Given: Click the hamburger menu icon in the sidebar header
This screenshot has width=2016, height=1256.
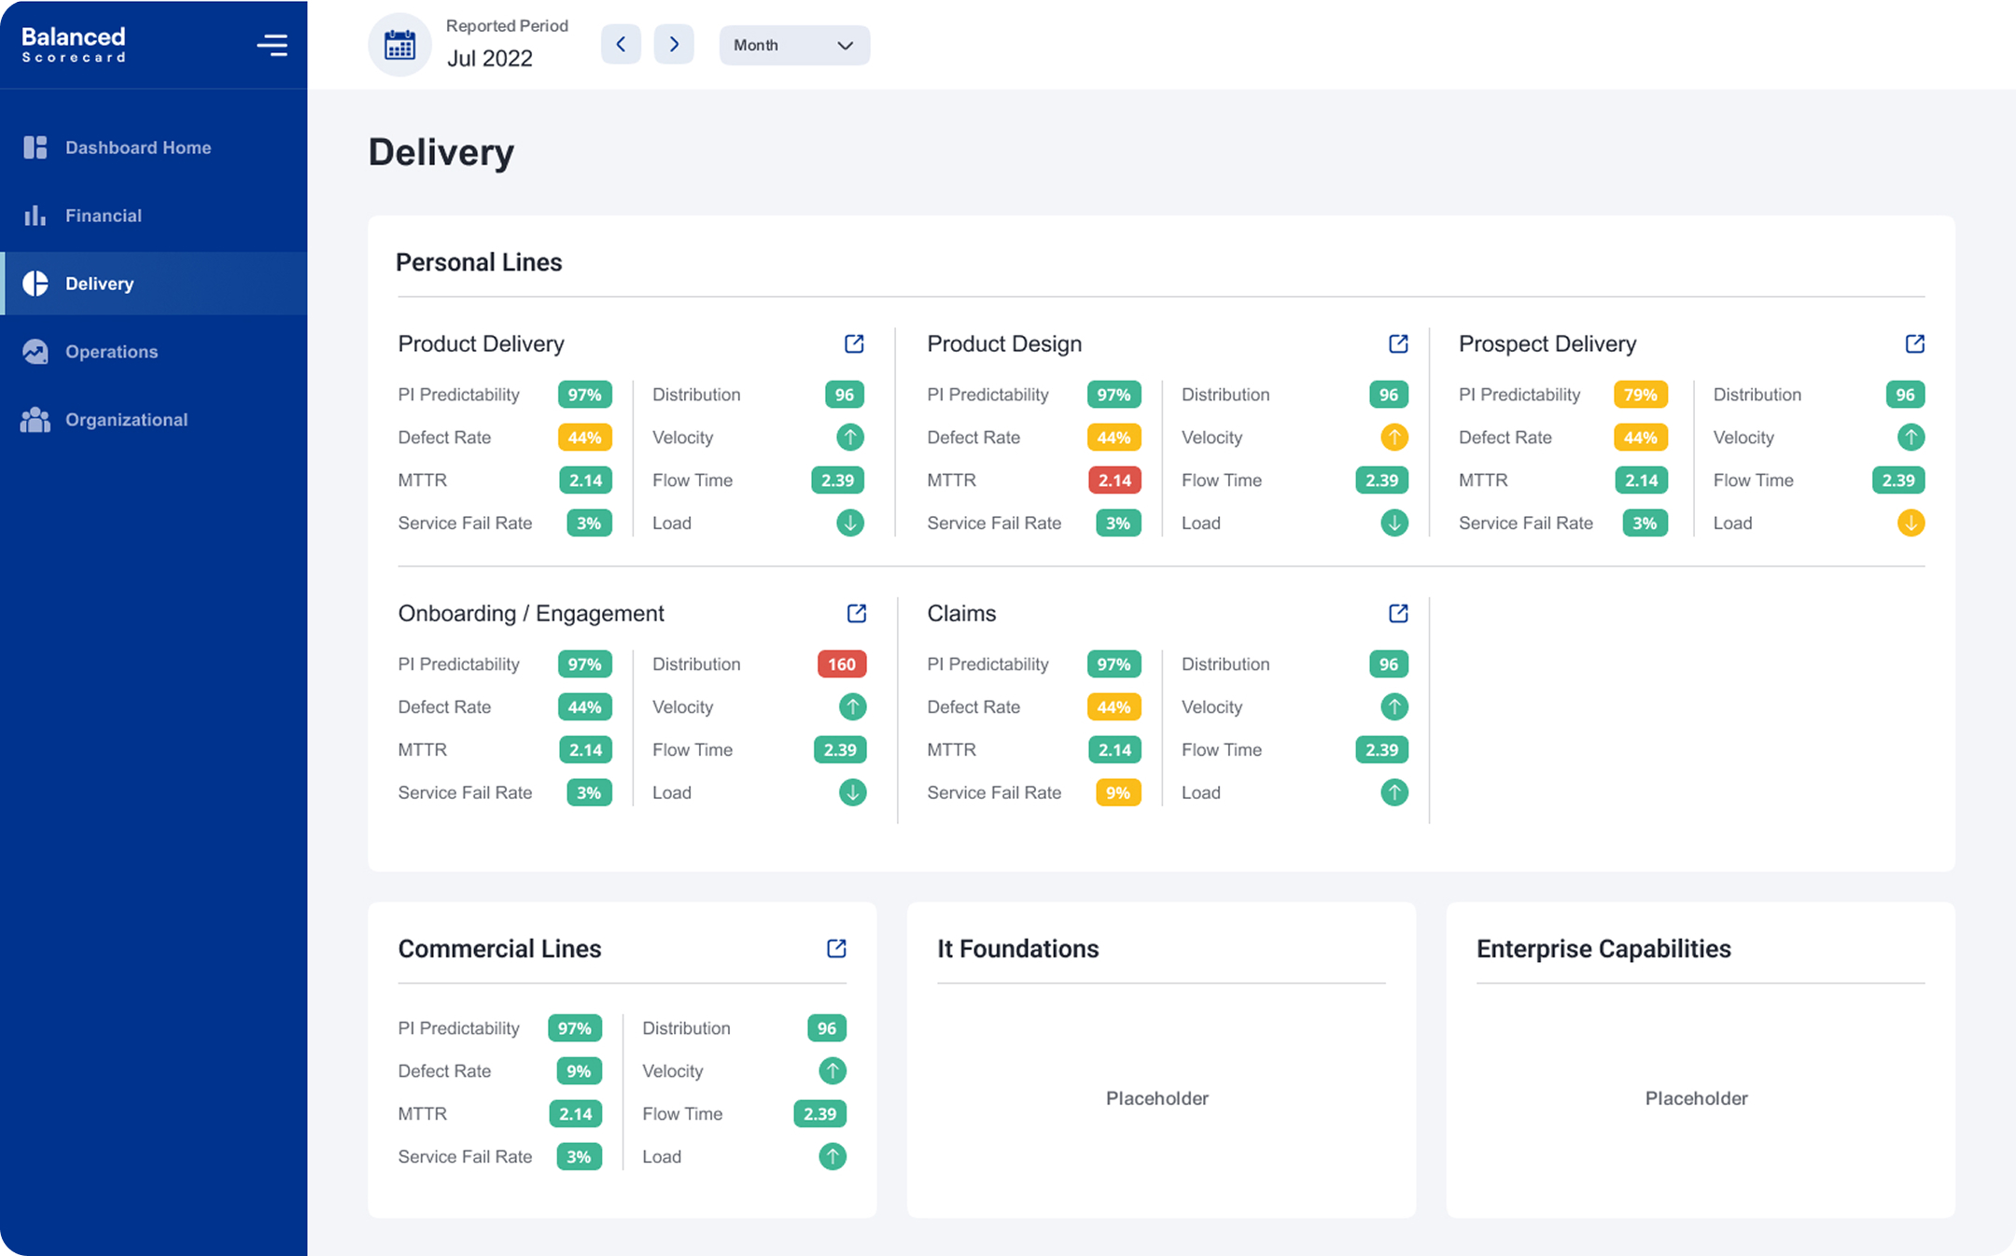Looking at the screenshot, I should (272, 45).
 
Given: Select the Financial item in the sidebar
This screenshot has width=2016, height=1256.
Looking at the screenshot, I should (103, 216).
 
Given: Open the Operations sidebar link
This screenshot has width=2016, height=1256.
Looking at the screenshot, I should (111, 352).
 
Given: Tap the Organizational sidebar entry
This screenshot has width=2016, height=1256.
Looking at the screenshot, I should (126, 420).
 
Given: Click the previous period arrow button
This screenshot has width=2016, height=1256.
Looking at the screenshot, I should (621, 45).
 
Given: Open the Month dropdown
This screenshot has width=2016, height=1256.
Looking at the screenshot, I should (793, 45).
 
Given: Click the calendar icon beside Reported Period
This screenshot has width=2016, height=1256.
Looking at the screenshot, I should (400, 45).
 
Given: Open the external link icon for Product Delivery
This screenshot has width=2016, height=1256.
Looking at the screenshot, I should (854, 343).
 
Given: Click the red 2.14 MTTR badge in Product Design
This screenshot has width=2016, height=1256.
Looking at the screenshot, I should (1114, 481).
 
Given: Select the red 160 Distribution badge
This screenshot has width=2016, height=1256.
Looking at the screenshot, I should (841, 664).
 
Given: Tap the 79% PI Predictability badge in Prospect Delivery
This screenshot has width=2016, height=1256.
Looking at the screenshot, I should (1640, 395).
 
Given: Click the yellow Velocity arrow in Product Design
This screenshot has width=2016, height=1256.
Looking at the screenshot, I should (1393, 437).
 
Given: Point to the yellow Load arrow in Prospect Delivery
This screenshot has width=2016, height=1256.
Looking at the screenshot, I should (1911, 523).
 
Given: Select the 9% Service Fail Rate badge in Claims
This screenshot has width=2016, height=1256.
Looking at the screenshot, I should (1117, 793).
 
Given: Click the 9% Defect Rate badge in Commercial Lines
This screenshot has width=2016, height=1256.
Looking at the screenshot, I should (579, 1071).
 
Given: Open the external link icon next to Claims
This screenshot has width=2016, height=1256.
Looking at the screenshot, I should (1398, 613).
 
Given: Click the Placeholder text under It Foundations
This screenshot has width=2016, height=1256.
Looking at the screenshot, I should (1156, 1098).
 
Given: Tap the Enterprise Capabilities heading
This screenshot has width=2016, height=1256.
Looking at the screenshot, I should (1603, 949).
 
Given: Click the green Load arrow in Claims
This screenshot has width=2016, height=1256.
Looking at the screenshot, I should (1393, 793).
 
